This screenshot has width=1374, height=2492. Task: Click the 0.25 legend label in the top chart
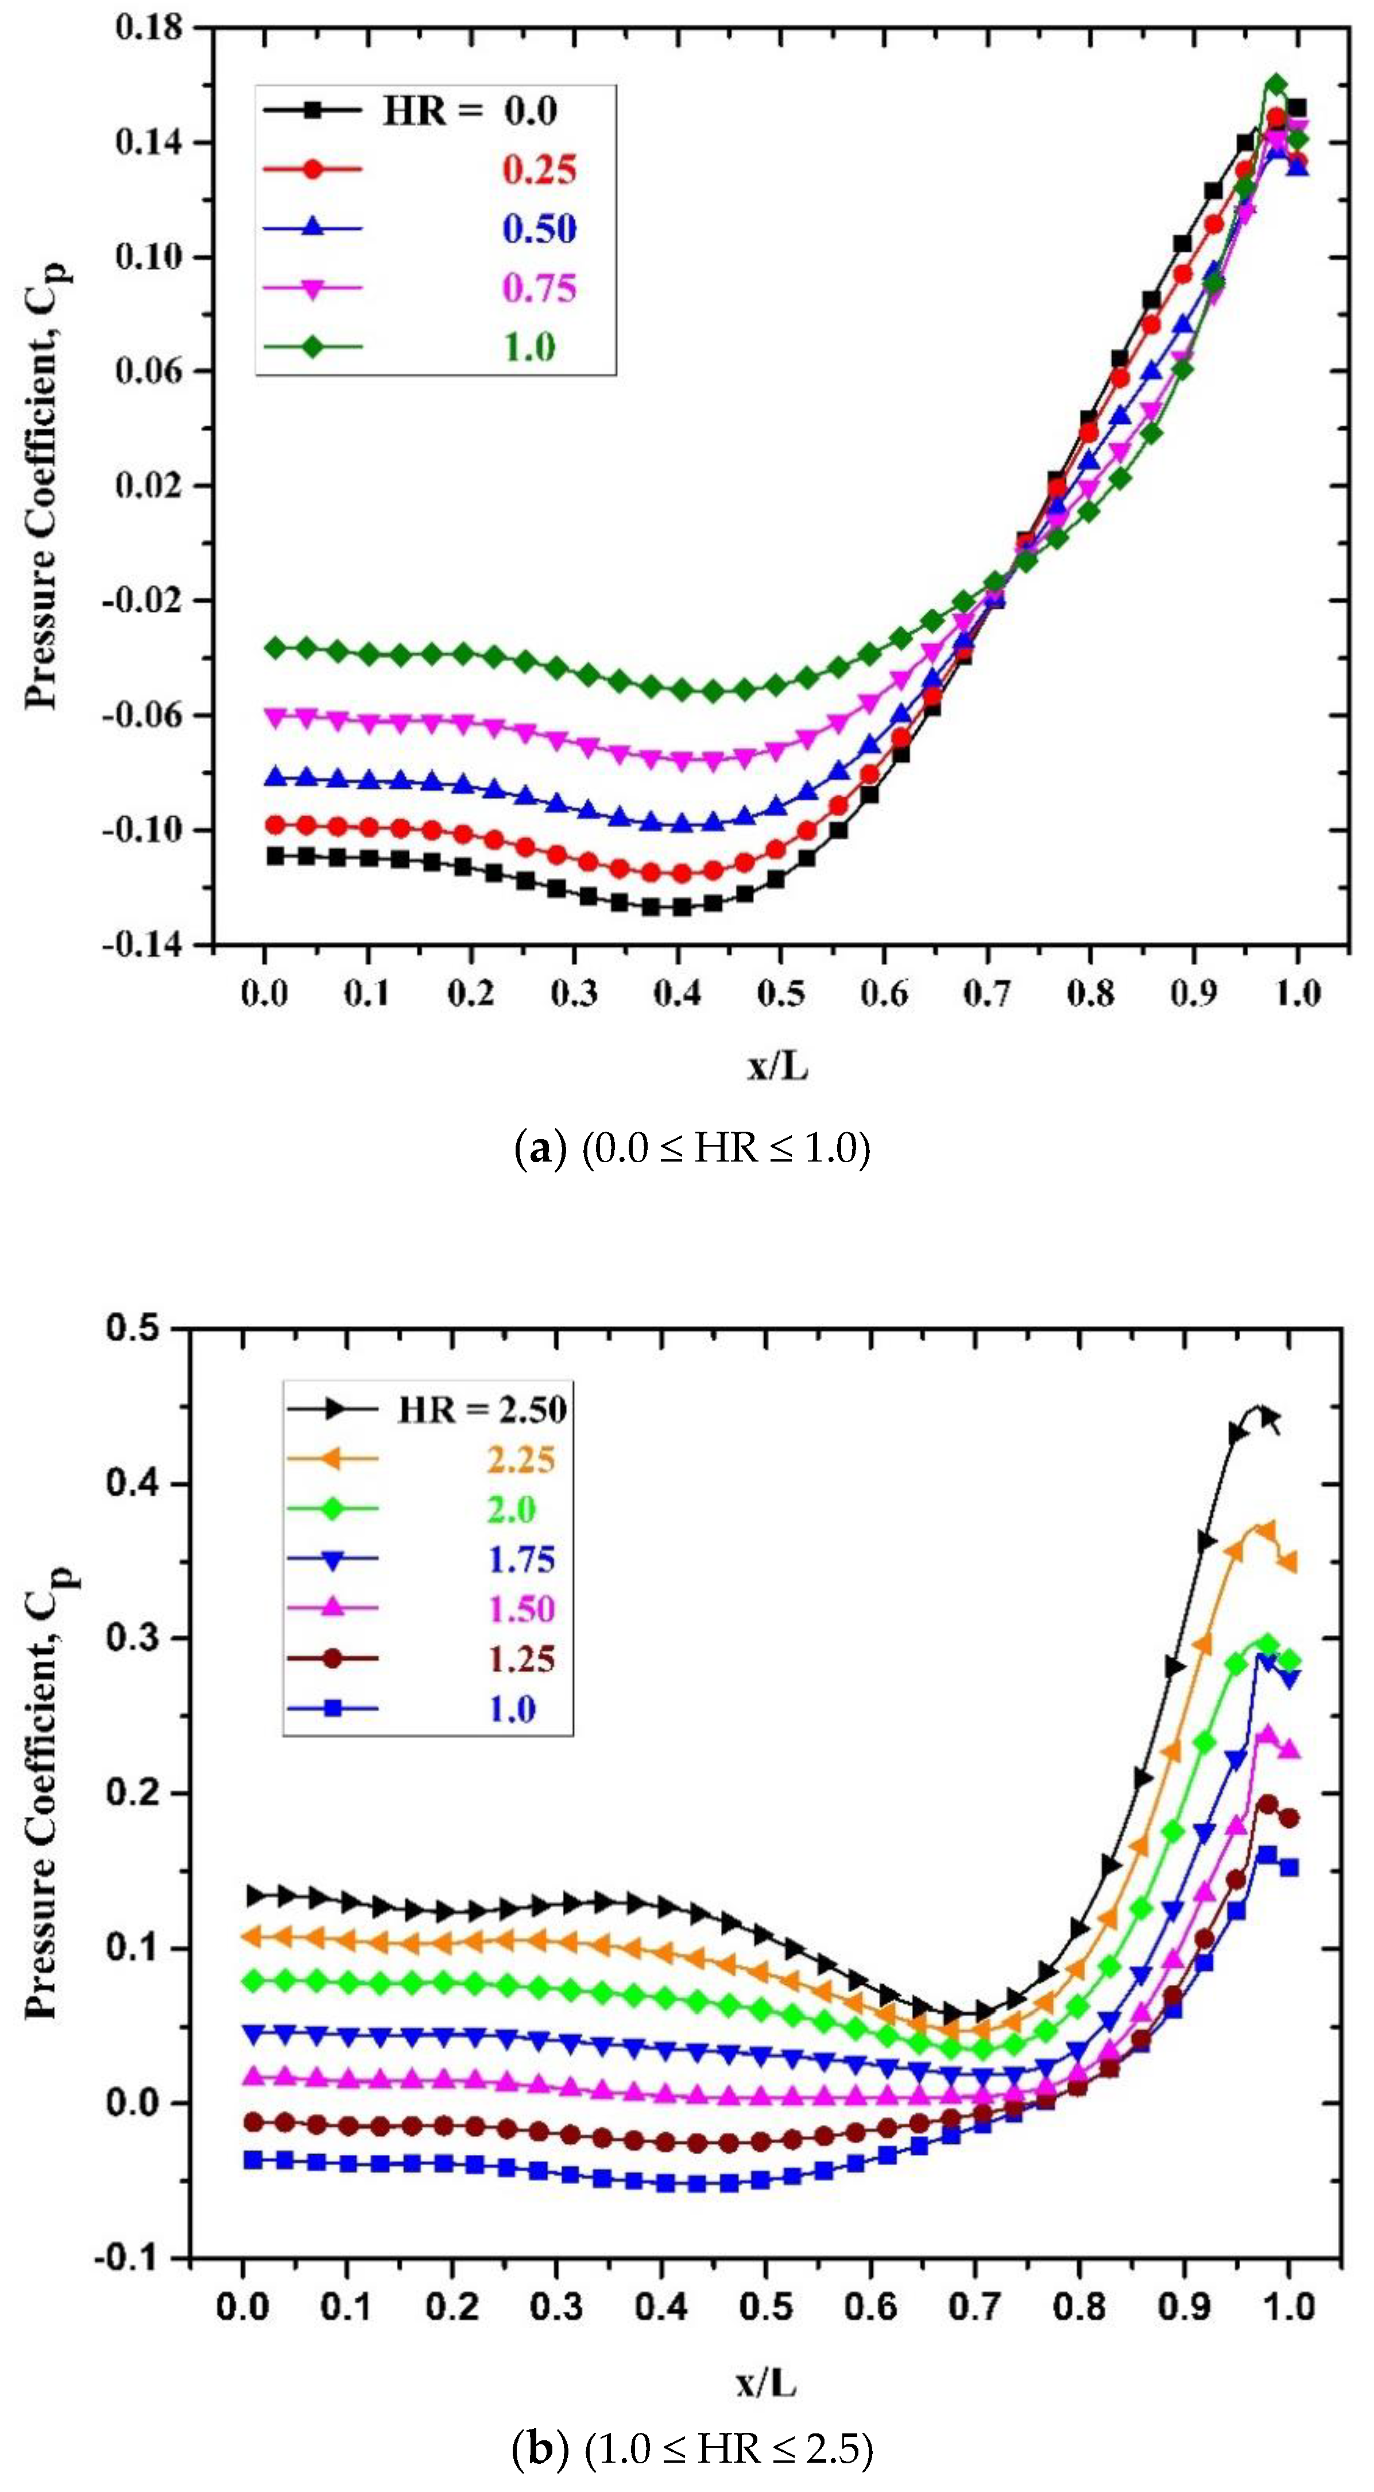point(539,170)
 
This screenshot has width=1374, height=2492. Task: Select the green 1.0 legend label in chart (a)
point(529,348)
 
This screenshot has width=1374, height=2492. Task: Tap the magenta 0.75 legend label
point(539,288)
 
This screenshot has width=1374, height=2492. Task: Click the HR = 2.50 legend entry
point(482,1410)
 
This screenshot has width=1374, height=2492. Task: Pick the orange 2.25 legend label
point(521,1460)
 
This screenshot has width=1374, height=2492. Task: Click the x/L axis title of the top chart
point(777,1067)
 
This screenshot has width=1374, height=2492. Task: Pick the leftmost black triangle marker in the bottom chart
point(254,1896)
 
